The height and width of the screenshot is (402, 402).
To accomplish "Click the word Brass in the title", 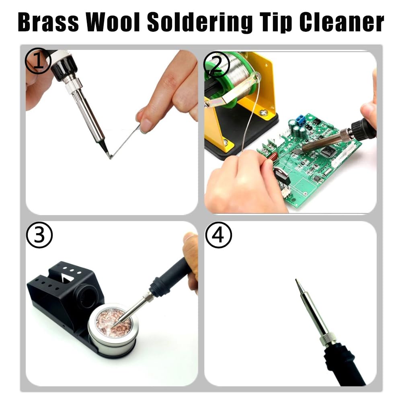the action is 48,22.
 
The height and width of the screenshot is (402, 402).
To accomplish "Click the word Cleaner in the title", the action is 342,22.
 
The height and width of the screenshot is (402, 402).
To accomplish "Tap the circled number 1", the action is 38,61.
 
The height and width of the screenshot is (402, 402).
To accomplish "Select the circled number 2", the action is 217,64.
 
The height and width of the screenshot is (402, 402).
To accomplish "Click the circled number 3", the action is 39,235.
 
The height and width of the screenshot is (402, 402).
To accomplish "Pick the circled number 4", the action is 219,235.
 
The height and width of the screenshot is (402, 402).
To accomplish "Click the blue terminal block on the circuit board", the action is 300,119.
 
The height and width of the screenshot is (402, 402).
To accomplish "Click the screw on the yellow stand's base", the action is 263,112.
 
